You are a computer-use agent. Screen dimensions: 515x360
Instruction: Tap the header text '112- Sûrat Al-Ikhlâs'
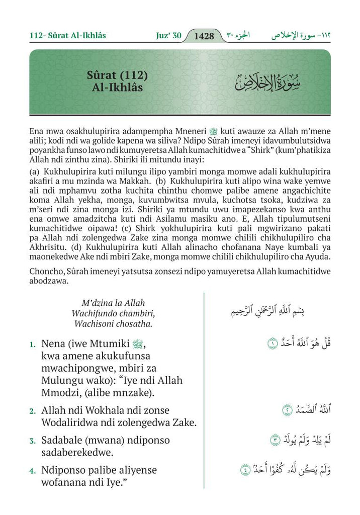[68, 36]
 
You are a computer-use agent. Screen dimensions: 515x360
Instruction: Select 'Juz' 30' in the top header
[168, 36]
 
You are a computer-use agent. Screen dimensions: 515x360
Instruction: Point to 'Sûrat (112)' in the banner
[117, 76]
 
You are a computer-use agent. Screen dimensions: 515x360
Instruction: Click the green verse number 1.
[32, 345]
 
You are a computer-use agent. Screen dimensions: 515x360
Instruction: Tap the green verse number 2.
[32, 411]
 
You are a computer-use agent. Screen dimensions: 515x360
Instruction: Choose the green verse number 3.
[32, 441]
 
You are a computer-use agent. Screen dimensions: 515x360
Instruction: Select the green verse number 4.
[32, 471]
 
